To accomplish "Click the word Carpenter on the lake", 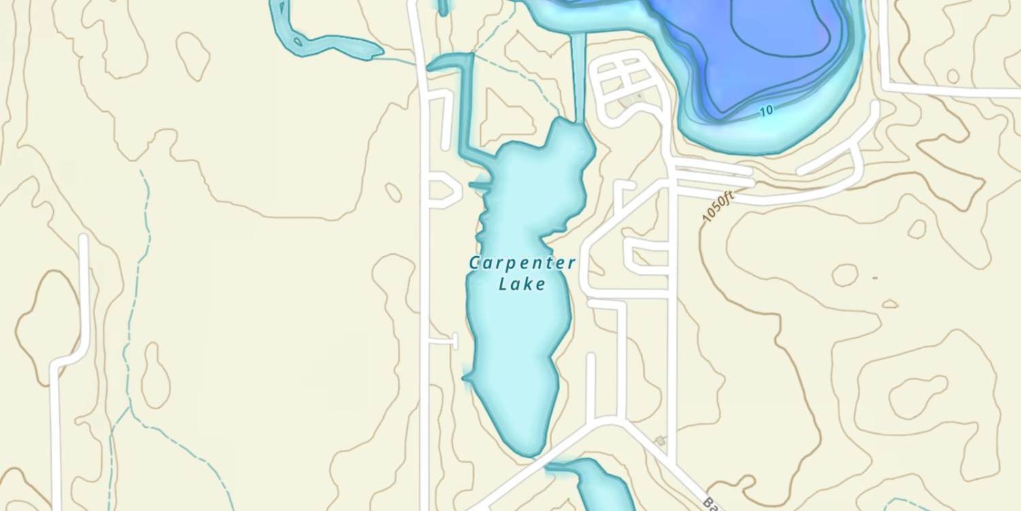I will [522, 263].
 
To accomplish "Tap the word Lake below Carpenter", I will [522, 283].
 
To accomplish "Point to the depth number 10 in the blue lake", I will [766, 110].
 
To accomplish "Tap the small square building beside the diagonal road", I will [660, 442].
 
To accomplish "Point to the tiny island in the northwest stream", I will [297, 42].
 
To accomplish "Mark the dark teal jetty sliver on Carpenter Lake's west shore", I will [481, 185].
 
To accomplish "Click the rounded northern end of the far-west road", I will [84, 240].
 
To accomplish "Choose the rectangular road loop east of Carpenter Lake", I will [647, 258].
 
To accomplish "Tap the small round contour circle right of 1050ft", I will [845, 275].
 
